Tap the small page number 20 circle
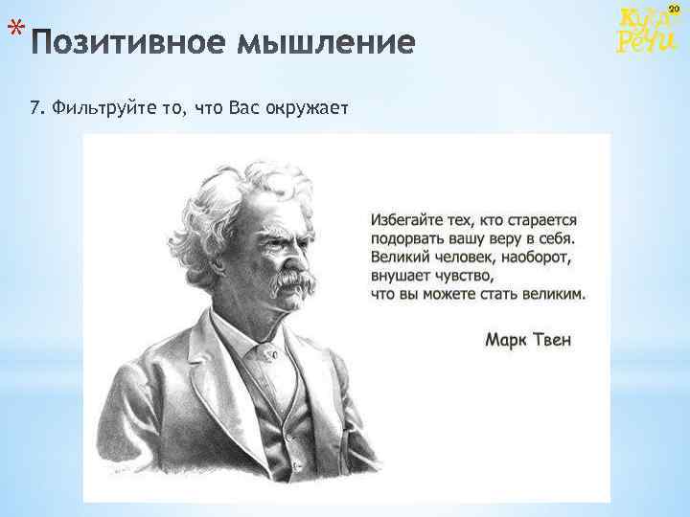673,9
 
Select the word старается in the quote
542,221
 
